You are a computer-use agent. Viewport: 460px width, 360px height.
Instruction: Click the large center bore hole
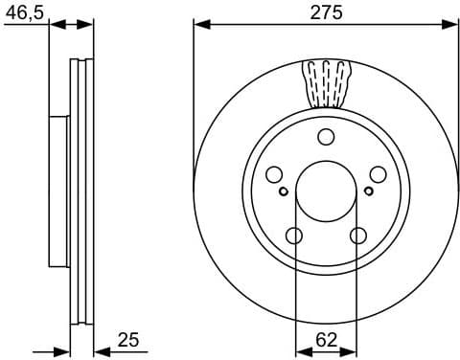[x=326, y=190]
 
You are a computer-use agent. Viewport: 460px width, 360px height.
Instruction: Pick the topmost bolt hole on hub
[x=326, y=136]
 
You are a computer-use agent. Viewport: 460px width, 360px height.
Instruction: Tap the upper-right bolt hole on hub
[x=378, y=173]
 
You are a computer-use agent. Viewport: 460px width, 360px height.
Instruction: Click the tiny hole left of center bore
[x=284, y=191]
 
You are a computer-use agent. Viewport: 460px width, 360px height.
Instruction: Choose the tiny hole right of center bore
[x=368, y=191]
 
